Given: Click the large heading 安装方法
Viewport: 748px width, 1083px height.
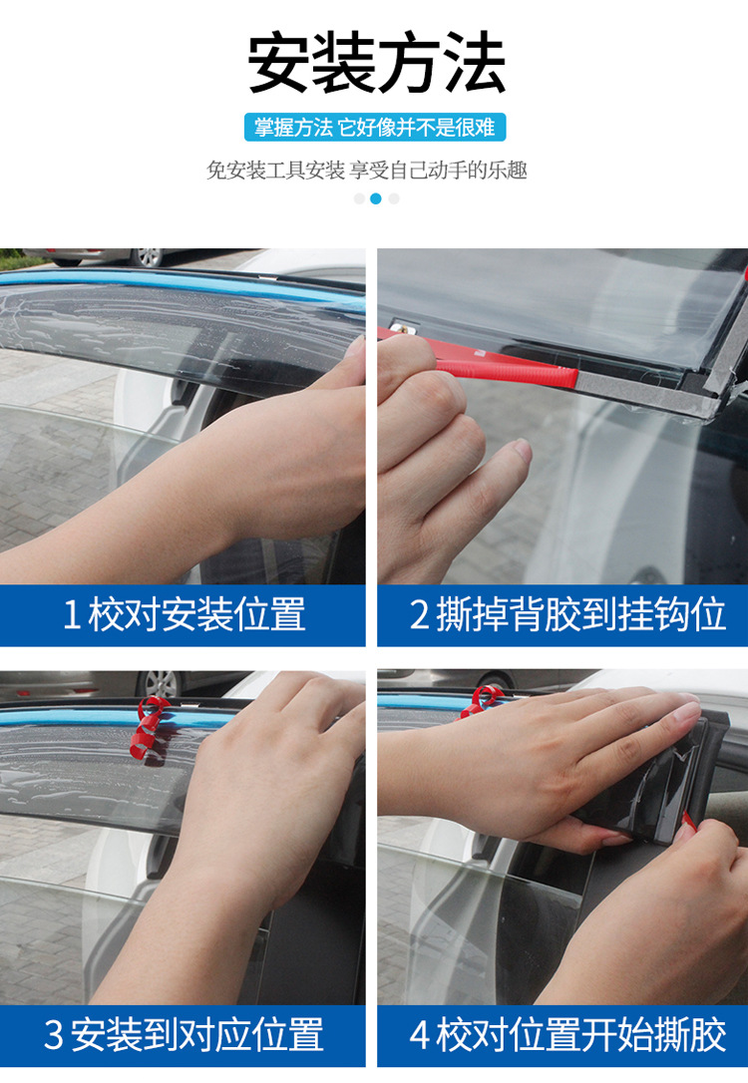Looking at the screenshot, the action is tap(376, 64).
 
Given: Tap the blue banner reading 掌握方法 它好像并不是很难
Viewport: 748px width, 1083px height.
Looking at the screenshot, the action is tap(375, 128).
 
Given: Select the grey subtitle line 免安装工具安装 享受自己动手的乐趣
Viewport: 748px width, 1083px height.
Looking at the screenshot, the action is tap(367, 170).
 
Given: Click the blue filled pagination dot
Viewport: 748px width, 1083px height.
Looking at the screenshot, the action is tap(376, 198).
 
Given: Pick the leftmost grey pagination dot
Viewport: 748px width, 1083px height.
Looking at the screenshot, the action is tap(359, 198).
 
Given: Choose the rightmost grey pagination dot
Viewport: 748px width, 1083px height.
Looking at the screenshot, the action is tap(394, 198).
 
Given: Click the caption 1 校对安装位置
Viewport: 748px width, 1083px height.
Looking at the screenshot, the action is tap(184, 614).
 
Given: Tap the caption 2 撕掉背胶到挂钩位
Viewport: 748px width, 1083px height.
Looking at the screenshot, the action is tap(567, 614).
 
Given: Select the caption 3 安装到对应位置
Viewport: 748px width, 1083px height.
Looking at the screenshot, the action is tap(184, 1034).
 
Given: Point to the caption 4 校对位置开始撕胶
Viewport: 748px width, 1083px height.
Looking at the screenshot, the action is tap(567, 1034).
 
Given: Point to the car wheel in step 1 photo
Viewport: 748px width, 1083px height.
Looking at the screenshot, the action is tap(148, 257).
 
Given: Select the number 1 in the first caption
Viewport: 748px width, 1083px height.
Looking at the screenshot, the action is tap(71, 614).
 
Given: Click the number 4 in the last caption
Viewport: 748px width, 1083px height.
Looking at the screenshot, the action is tap(419, 1035).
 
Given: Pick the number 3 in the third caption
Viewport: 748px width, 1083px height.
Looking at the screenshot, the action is tap(54, 1035).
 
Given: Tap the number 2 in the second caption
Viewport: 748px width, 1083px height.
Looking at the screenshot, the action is tap(419, 614).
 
